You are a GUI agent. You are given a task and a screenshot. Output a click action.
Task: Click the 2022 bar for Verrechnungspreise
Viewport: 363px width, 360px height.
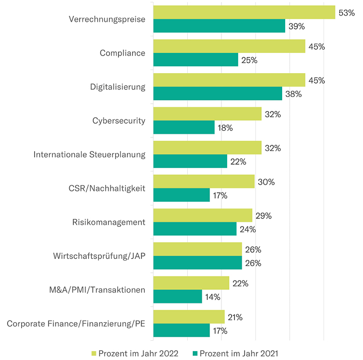[244, 12]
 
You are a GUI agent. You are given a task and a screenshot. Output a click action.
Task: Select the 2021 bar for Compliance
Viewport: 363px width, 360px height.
[196, 60]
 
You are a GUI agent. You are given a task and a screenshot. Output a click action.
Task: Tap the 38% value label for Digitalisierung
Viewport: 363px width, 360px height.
[293, 94]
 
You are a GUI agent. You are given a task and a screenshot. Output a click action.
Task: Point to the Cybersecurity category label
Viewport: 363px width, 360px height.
[119, 121]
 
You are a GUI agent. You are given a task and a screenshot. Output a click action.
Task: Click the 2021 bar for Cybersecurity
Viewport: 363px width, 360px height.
[184, 128]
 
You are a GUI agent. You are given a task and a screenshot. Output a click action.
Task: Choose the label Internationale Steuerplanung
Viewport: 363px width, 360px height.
[89, 155]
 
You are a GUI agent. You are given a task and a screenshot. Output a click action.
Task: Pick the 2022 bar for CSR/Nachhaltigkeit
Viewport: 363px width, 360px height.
[204, 182]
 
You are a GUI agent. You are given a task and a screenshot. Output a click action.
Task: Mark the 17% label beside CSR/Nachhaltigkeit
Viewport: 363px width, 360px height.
[220, 196]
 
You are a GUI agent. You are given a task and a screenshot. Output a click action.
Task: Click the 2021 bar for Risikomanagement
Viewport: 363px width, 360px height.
[195, 229]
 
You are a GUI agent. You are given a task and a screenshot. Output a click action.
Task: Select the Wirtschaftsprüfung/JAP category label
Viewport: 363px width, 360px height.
[99, 256]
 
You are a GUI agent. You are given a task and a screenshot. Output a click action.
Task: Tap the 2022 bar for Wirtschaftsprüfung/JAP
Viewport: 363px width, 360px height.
[198, 249]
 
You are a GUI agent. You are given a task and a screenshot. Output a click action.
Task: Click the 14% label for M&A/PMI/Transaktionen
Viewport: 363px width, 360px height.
[213, 297]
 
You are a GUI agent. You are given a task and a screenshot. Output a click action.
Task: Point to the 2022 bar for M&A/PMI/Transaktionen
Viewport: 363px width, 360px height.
[191, 283]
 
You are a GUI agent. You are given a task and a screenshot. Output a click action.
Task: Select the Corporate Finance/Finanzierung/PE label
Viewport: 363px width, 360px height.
[76, 324]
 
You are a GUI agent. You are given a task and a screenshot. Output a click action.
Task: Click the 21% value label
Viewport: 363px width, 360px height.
[235, 317]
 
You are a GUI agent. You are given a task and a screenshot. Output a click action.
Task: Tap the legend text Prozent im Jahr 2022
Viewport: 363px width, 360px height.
[138, 353]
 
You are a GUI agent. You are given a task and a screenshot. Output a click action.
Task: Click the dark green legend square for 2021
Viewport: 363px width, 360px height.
[195, 353]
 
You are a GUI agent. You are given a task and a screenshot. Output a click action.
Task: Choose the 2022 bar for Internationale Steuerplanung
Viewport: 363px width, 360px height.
[207, 148]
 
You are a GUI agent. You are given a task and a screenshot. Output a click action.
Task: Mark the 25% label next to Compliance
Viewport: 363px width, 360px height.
[249, 60]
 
